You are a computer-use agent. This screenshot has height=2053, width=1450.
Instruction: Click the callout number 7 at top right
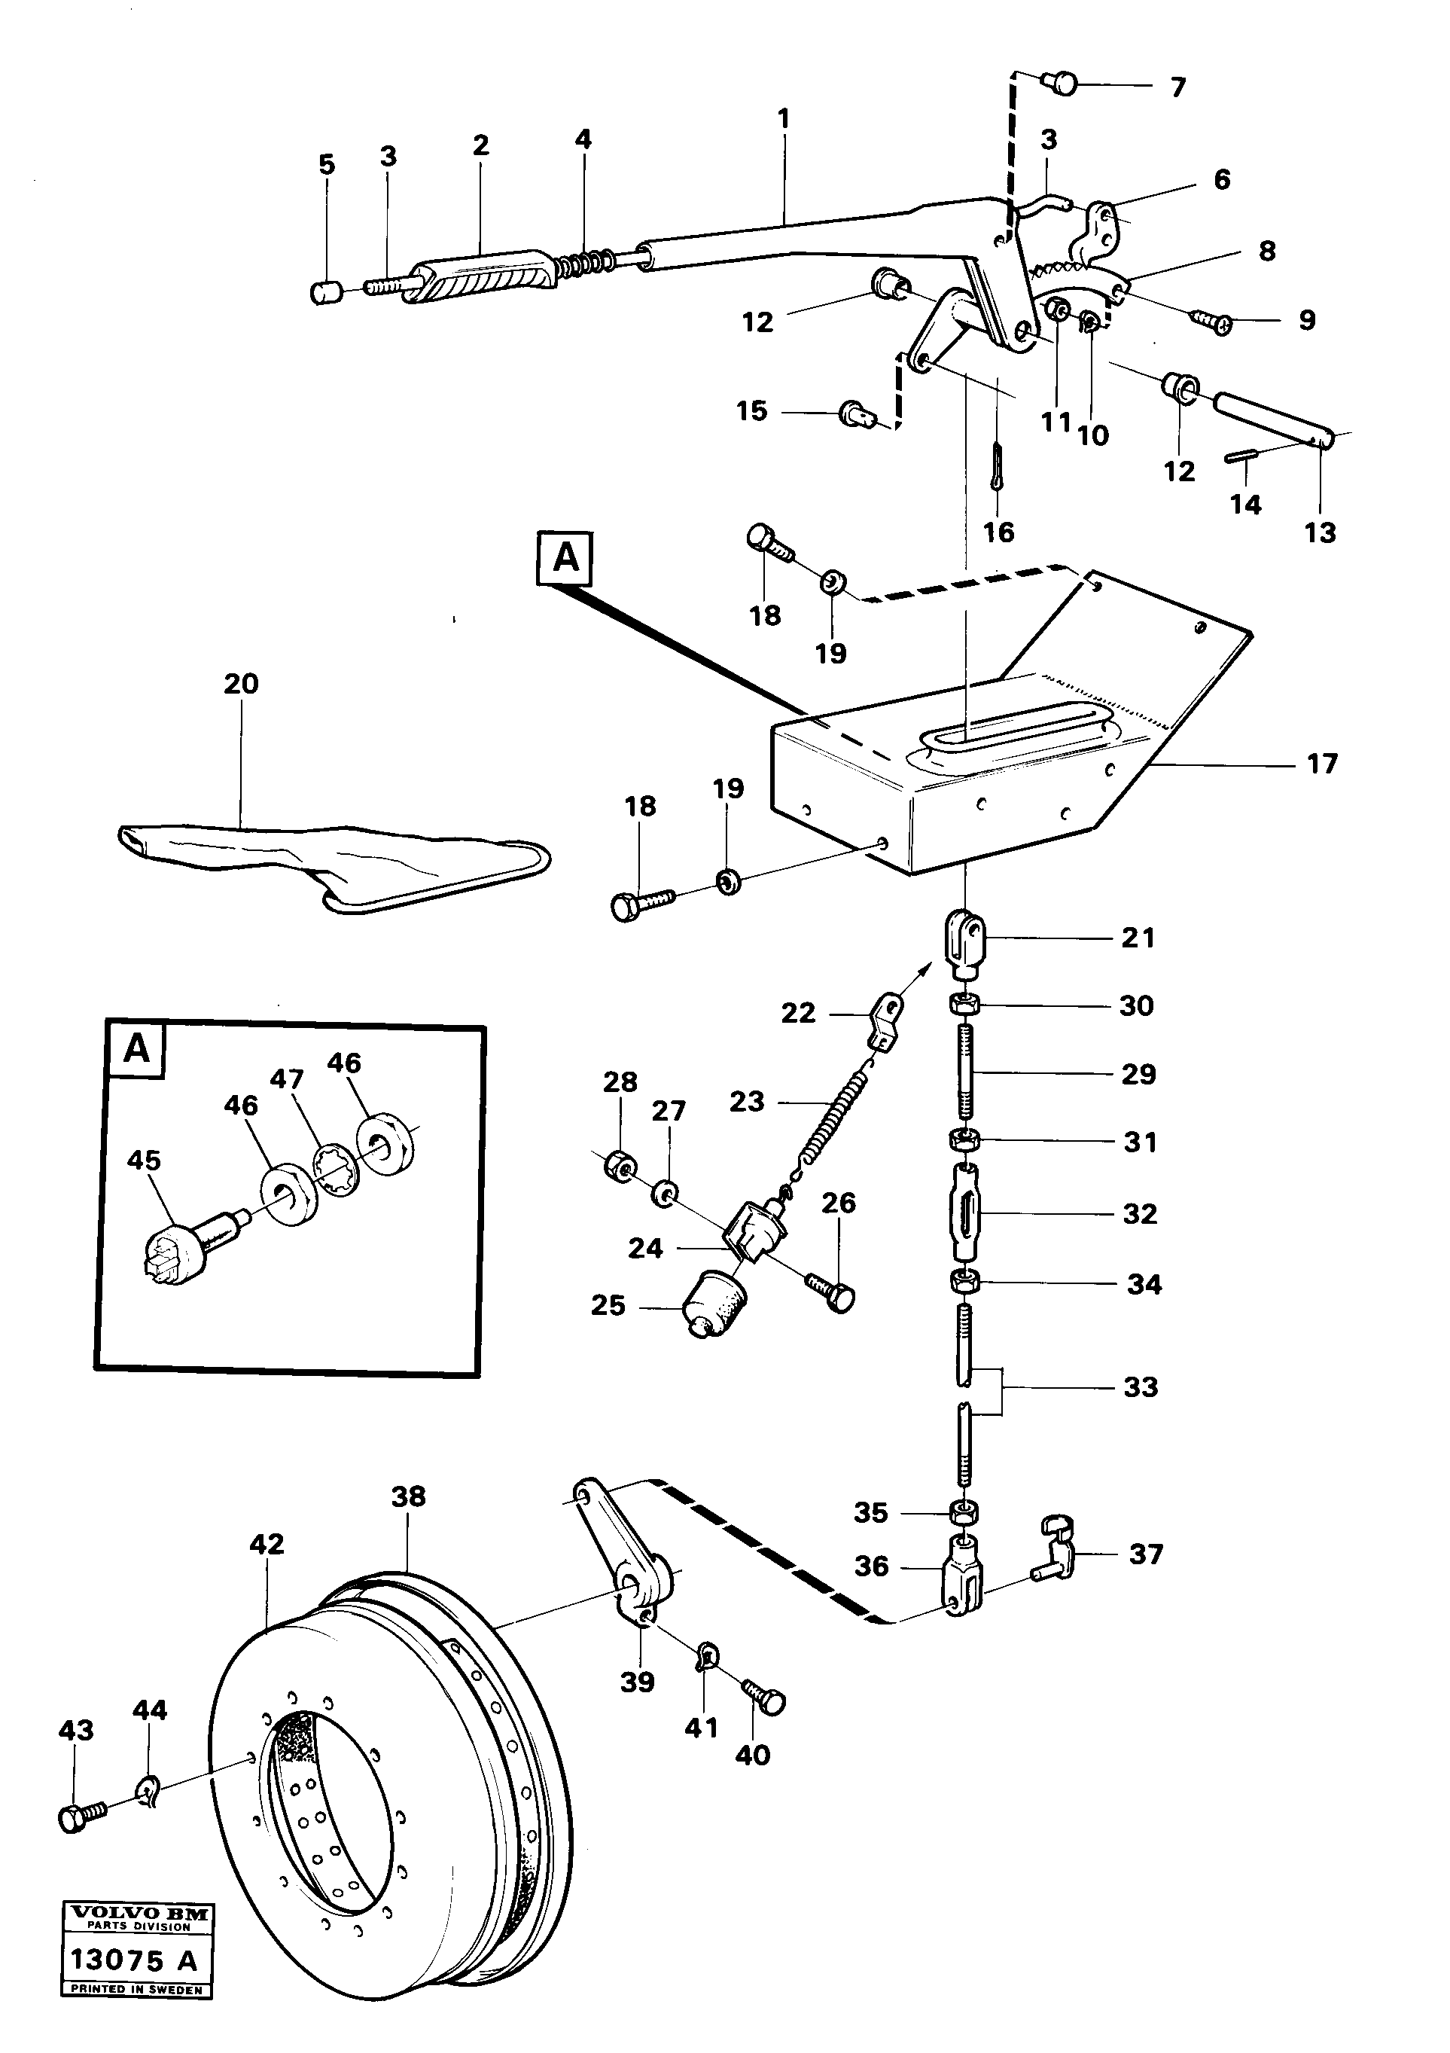pos(1177,87)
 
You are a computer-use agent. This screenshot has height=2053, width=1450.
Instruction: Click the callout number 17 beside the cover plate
pos(1321,764)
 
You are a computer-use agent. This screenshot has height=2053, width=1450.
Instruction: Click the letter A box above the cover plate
pos(565,558)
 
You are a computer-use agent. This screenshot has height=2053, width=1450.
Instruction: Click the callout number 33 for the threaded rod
pos(1141,1386)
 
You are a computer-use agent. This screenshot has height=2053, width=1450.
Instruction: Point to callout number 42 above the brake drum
pos(267,1544)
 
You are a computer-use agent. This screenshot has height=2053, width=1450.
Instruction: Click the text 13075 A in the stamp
pos(133,1960)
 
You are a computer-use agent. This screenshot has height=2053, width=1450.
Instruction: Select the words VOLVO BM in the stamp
pos(138,1913)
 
